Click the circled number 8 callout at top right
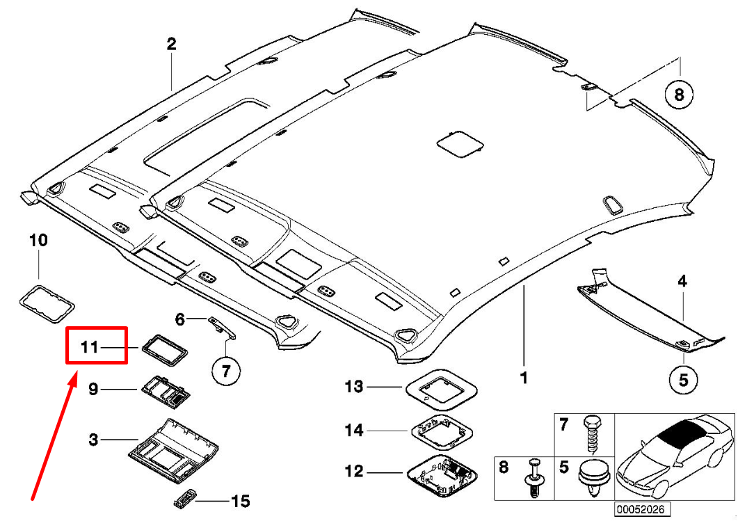(679, 93)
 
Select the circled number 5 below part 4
(682, 380)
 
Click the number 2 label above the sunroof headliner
(171, 45)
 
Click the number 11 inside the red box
(90, 346)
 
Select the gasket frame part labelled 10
(47, 302)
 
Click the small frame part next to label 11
(165, 346)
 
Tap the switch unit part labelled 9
(167, 391)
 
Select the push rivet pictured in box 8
(534, 479)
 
